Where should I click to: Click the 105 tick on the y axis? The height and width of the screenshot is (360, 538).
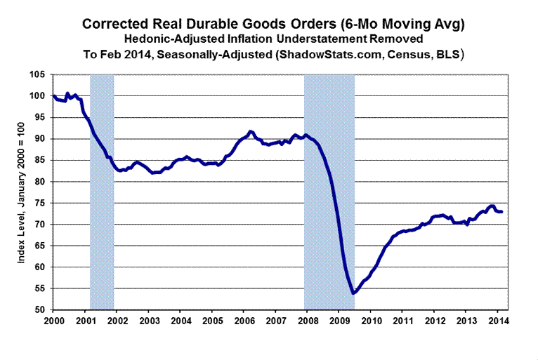click(x=41, y=74)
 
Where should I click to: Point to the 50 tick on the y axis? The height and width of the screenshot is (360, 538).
click(x=43, y=309)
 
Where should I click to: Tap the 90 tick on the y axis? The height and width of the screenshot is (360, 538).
click(x=43, y=139)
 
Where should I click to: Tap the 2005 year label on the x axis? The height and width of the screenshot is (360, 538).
click(x=211, y=321)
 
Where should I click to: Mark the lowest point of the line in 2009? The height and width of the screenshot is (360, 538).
click(x=353, y=273)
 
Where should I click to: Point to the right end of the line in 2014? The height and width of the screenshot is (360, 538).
click(x=501, y=211)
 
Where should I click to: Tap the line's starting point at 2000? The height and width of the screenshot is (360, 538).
click(x=53, y=95)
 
